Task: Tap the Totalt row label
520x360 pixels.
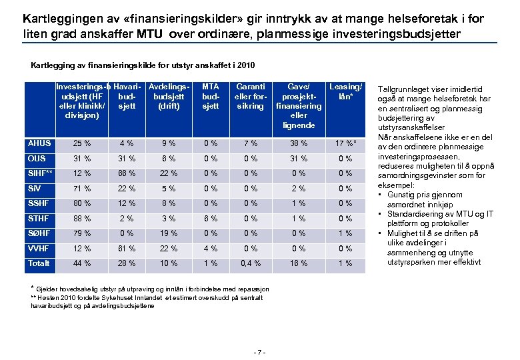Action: (39, 263)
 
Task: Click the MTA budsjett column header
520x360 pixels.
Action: (211, 96)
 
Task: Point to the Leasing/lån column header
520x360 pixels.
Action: (346, 91)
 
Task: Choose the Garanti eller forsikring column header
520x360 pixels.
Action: (251, 96)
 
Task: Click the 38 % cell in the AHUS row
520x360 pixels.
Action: (299, 143)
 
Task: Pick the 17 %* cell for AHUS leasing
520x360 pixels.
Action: (346, 143)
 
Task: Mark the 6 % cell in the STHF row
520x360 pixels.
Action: (211, 218)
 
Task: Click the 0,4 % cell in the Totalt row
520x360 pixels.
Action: (251, 263)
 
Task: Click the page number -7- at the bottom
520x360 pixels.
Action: (261, 351)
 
